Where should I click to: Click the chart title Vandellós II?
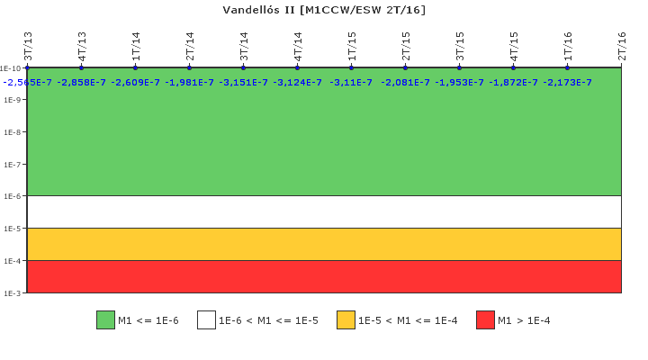[324, 10]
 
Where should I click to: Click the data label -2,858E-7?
[81, 83]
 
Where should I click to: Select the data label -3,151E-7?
[243, 83]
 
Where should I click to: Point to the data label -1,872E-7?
[513, 83]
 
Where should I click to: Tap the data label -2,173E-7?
[567, 83]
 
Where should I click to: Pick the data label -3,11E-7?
[351, 83]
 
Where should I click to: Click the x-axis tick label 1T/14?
[136, 46]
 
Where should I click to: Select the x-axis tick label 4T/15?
[514, 46]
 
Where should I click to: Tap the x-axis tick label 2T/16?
[622, 46]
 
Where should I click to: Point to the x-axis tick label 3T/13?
[28, 46]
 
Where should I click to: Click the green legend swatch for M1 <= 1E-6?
[105, 320]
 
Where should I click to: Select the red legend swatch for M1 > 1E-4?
[485, 320]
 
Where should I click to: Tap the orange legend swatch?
[346, 320]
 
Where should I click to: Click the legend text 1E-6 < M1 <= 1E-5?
[268, 320]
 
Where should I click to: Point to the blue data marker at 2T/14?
[189, 67]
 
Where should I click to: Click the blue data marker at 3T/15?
[459, 67]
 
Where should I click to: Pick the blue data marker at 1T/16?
[567, 67]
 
